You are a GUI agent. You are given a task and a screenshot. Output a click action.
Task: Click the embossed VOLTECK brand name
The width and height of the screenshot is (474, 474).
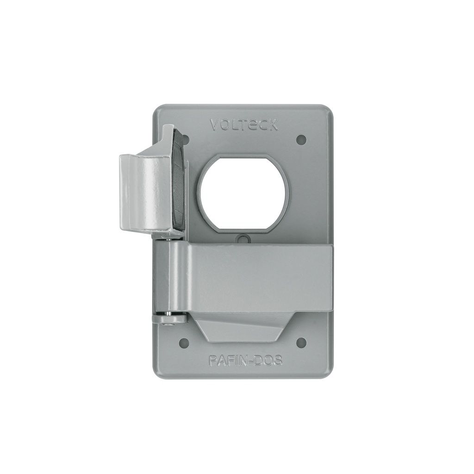point(244,125)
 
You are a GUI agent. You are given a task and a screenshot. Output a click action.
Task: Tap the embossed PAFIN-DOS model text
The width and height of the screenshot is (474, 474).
point(245,361)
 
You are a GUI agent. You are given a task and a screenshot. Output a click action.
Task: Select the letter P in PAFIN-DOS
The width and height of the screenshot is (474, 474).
point(213,361)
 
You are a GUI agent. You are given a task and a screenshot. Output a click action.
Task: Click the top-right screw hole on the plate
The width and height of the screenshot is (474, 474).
point(301,139)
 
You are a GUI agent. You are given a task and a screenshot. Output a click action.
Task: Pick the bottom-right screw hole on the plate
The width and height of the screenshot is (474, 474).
point(301,343)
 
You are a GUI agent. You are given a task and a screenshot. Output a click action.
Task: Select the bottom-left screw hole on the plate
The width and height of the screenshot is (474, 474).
point(184,343)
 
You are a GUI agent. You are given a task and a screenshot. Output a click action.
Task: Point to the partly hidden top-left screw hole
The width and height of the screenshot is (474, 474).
point(186,138)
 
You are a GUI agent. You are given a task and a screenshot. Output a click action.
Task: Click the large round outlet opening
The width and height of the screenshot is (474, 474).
point(243,193)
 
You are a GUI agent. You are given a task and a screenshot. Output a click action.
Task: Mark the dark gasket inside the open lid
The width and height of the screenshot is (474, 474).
point(179,181)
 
